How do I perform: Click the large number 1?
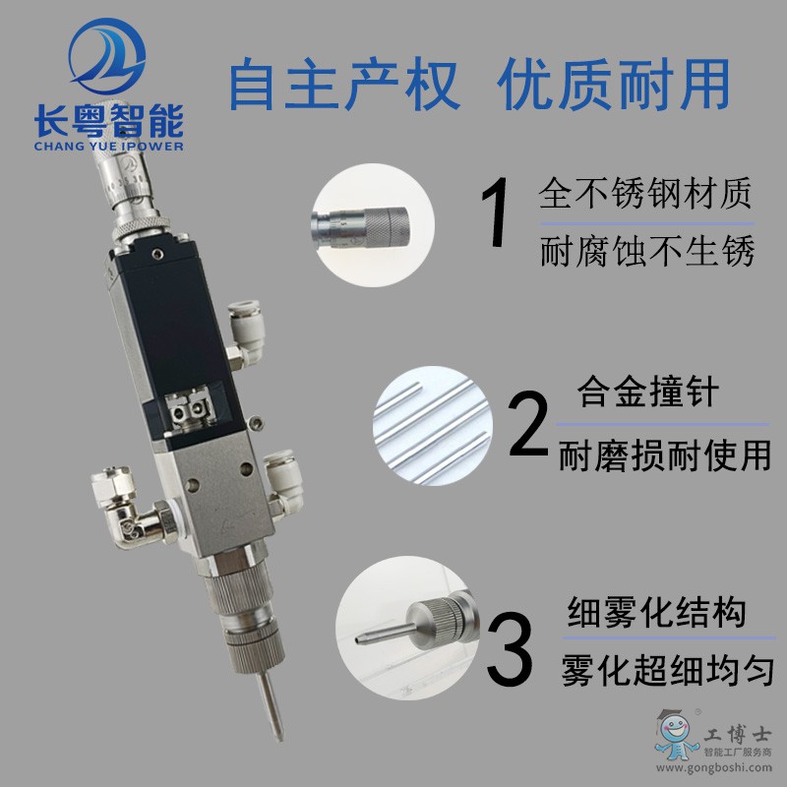pyautogui.click(x=496, y=212)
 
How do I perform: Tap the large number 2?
pyautogui.click(x=528, y=423)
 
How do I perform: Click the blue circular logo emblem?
pyautogui.click(x=107, y=56)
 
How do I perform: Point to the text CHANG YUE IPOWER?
pyautogui.click(x=109, y=146)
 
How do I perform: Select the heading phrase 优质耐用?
pyautogui.click(x=613, y=84)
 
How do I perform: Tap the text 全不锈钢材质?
pyautogui.click(x=645, y=193)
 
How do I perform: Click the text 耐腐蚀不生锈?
pyautogui.click(x=647, y=251)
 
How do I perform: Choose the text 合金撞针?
pyautogui.click(x=648, y=392)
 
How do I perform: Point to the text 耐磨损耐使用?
pyautogui.click(x=665, y=455)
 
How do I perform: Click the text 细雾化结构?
pyautogui.click(x=656, y=612)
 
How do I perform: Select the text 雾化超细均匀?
pyautogui.click(x=668, y=670)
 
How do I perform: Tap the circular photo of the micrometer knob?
pyautogui.click(x=374, y=225)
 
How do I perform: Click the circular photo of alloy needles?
pyautogui.click(x=433, y=426)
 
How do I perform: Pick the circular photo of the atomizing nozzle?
pyautogui.click(x=407, y=628)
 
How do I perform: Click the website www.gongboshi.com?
pyautogui.click(x=714, y=767)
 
